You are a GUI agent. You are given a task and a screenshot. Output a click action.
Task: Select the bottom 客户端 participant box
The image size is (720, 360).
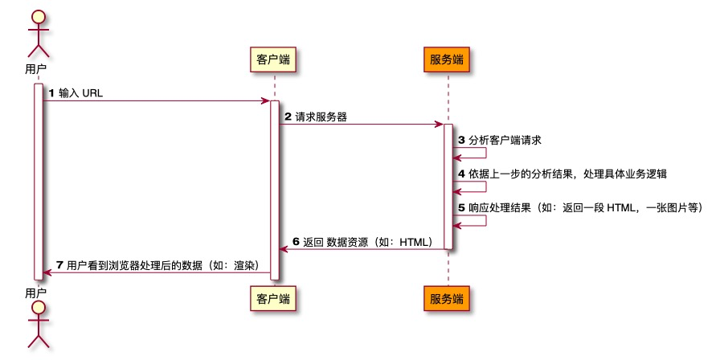click(273, 299)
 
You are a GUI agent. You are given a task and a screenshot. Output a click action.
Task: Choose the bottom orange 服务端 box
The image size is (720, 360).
click(446, 299)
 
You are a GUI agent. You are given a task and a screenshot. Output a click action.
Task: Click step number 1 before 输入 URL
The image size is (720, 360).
click(52, 93)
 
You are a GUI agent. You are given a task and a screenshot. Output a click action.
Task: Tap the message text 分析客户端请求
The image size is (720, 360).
click(505, 140)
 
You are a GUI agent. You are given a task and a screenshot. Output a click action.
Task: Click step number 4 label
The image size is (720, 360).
click(461, 173)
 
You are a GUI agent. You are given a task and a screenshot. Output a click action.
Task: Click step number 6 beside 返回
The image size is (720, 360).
click(296, 241)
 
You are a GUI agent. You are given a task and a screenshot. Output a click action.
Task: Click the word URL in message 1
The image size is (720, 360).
click(93, 93)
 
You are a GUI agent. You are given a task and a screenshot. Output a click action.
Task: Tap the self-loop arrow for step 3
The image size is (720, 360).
click(476, 153)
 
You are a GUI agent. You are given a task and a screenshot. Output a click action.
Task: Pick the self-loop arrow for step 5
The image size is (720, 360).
click(476, 219)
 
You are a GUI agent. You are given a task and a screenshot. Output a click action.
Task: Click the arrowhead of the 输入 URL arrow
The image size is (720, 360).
click(265, 101)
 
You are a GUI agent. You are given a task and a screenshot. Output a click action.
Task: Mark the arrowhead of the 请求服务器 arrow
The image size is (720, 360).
click(439, 125)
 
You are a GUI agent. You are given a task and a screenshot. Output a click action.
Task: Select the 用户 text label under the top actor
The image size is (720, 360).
click(35, 69)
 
